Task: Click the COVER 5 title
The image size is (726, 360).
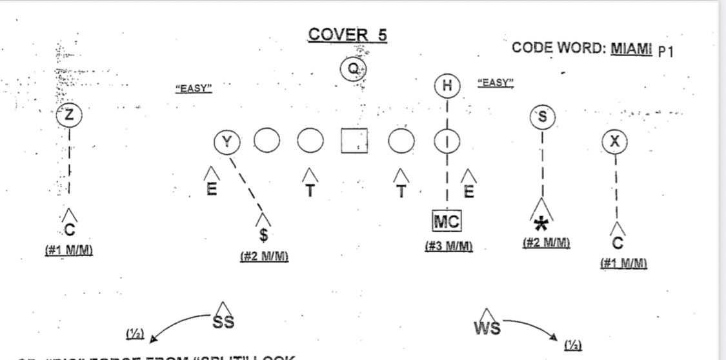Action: (x=347, y=35)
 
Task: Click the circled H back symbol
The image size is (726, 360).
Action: (x=447, y=86)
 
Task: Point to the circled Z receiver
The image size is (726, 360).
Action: (x=69, y=116)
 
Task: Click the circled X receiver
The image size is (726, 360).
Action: (x=614, y=142)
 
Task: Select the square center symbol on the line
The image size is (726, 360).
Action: (x=354, y=141)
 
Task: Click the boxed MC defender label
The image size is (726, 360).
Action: (x=447, y=223)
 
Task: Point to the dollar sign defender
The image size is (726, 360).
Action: (x=263, y=233)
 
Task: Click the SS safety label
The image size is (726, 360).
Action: (x=223, y=323)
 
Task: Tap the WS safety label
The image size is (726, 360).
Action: (x=487, y=328)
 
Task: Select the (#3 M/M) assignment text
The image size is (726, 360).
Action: (x=449, y=246)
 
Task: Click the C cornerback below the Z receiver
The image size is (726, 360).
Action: (x=70, y=230)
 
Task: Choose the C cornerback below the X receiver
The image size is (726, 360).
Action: (x=617, y=243)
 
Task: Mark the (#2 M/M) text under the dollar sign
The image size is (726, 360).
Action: (x=264, y=256)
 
